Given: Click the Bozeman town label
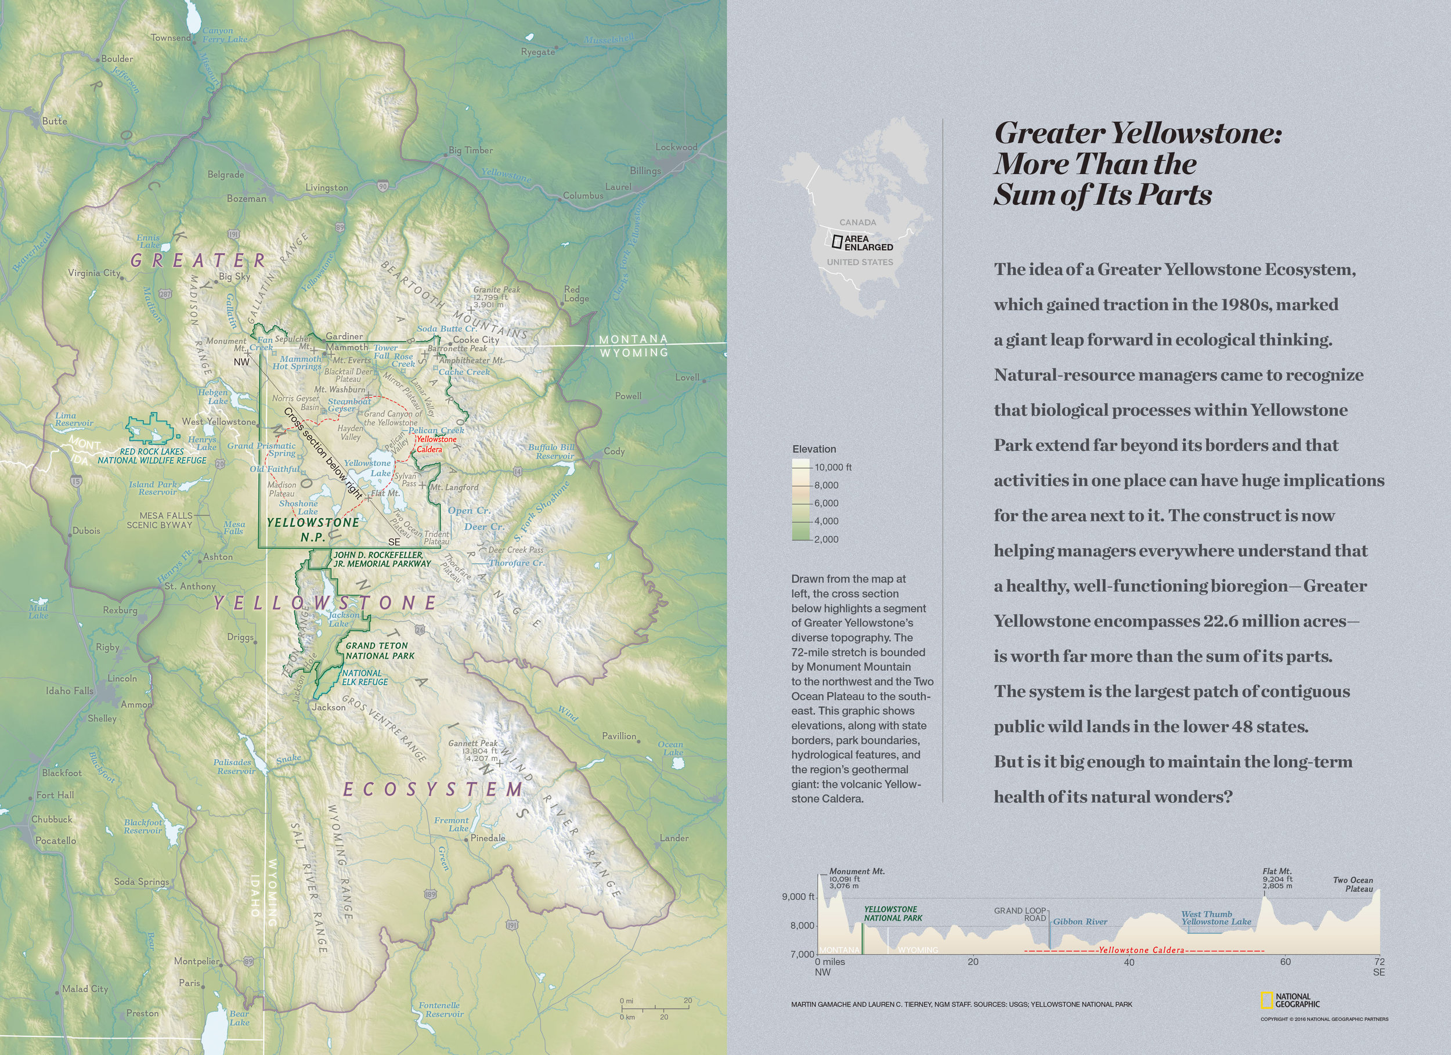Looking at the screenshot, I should coord(246,199).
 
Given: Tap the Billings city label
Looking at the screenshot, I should coord(645,171).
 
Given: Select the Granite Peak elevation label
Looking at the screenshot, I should coord(496,297).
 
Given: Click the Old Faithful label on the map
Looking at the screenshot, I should coord(275,469).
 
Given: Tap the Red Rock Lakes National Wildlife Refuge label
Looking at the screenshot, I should coord(152,456).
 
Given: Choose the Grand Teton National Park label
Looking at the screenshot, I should coord(380,651).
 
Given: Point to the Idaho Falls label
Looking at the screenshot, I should coord(69,691).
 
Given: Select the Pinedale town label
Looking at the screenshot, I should coord(488,838).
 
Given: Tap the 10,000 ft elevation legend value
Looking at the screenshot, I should coord(832,467).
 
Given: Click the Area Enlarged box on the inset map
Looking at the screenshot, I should coord(837,242).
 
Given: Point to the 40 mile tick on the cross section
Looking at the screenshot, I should coord(1129,962).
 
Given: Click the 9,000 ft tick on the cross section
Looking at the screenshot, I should coord(797,897).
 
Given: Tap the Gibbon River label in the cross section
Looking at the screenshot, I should coord(1080,922).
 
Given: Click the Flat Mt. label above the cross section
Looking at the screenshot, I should coord(1277,872).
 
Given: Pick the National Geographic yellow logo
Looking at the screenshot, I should coord(1265,1000).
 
